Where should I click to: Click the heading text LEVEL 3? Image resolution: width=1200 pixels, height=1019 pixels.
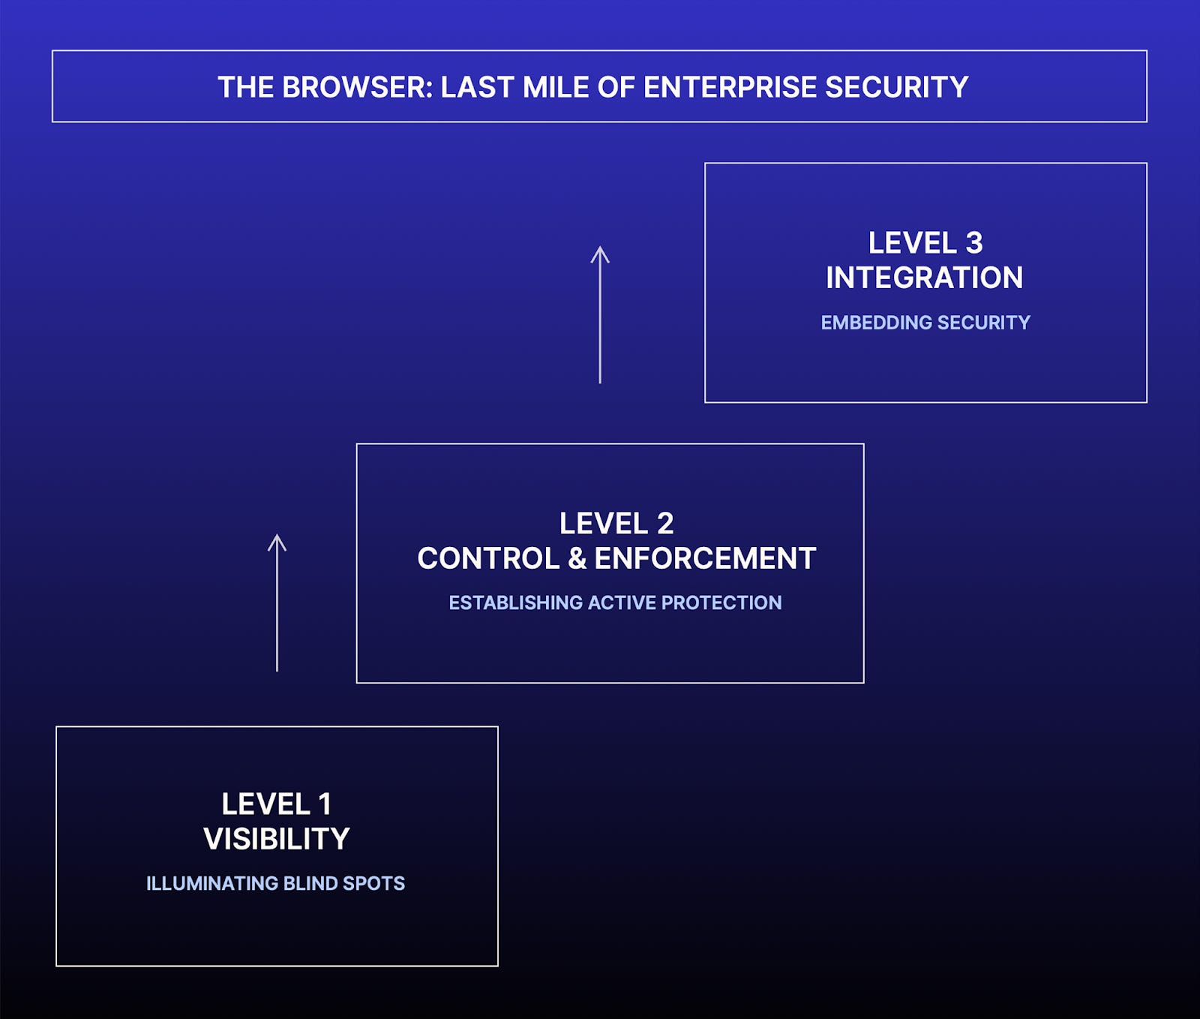coord(925,242)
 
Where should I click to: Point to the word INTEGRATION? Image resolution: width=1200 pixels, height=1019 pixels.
coord(925,278)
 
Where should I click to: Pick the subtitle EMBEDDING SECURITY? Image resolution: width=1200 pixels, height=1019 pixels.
coord(925,323)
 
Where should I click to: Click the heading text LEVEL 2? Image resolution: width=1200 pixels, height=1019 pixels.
coord(616,523)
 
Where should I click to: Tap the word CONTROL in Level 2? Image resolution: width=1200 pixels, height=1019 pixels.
coord(488,558)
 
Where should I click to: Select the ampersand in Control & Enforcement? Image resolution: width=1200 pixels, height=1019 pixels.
coord(577,558)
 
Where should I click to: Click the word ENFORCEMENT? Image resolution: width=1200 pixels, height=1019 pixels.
coord(705,558)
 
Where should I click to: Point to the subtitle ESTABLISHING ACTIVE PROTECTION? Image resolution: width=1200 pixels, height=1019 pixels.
coord(615,603)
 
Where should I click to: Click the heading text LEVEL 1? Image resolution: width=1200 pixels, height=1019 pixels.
coord(276,804)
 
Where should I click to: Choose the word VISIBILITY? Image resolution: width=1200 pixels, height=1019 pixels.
coord(276,839)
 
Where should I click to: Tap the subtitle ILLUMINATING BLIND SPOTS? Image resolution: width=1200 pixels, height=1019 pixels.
coord(275,883)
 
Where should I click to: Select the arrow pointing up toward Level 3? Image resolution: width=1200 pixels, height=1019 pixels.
coord(600,314)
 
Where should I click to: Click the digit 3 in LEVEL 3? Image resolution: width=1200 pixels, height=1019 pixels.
coord(973,242)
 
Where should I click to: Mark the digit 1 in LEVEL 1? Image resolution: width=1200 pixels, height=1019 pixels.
coord(325,804)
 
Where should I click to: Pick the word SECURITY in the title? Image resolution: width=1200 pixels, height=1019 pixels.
coord(896,87)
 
